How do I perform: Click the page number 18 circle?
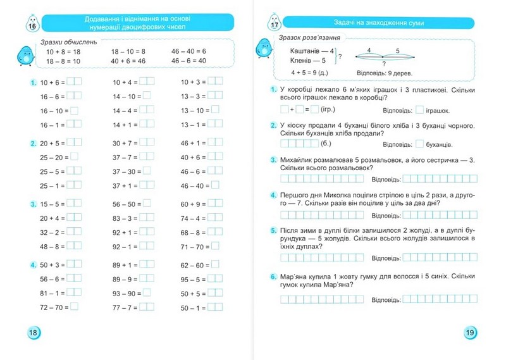31,333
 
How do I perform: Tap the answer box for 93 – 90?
147,293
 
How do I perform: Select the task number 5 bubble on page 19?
273,231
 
